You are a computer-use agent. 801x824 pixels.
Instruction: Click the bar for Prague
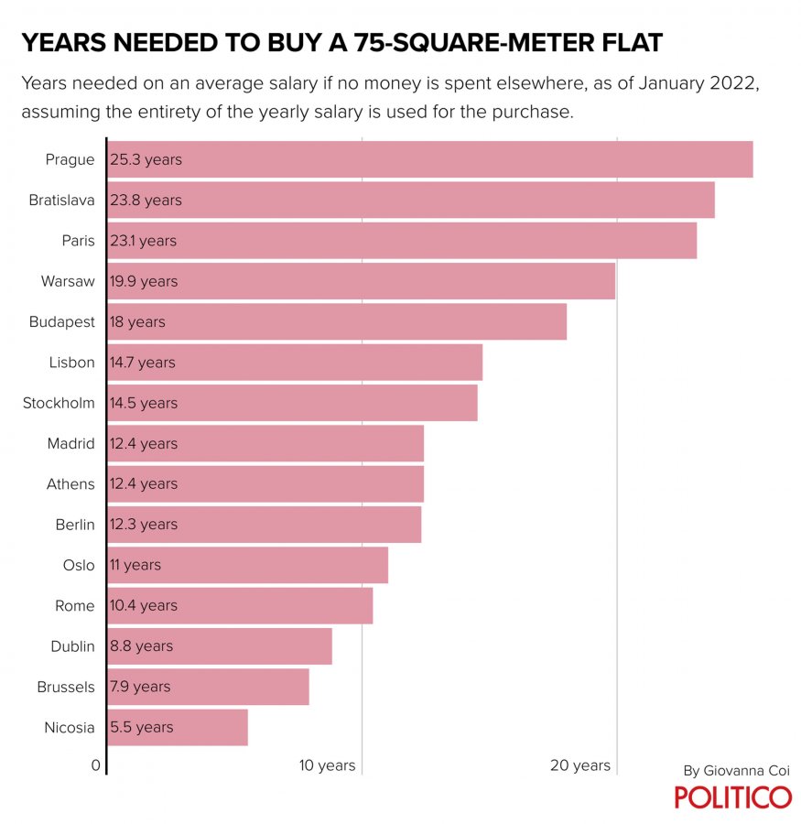coord(430,159)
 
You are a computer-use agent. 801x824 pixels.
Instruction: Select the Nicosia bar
coord(178,727)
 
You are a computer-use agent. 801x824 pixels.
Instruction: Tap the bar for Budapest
coord(337,321)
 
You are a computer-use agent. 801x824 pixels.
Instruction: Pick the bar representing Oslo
coord(248,565)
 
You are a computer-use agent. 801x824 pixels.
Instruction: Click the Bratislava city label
coord(61,200)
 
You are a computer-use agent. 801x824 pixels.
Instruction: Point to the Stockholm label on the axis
coord(59,403)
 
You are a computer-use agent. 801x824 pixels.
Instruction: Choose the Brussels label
coord(65,687)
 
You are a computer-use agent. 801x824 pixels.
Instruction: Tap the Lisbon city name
coord(71,363)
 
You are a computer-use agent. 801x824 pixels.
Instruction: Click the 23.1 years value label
coord(143,241)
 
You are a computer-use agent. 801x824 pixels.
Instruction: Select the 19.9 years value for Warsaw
coord(144,281)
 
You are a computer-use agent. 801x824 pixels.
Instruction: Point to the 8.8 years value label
coord(141,646)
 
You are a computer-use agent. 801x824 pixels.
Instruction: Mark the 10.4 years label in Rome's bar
coord(143,605)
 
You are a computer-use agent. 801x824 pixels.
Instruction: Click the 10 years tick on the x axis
coord(328,765)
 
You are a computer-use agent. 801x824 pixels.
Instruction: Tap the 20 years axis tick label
coord(580,765)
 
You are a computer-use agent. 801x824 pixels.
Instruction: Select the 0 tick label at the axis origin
coord(95,765)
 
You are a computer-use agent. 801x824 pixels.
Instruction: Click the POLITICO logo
coord(733,797)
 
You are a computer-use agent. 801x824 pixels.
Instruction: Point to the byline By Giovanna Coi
coord(736,771)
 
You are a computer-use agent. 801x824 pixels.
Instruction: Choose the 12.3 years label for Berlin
coord(144,525)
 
